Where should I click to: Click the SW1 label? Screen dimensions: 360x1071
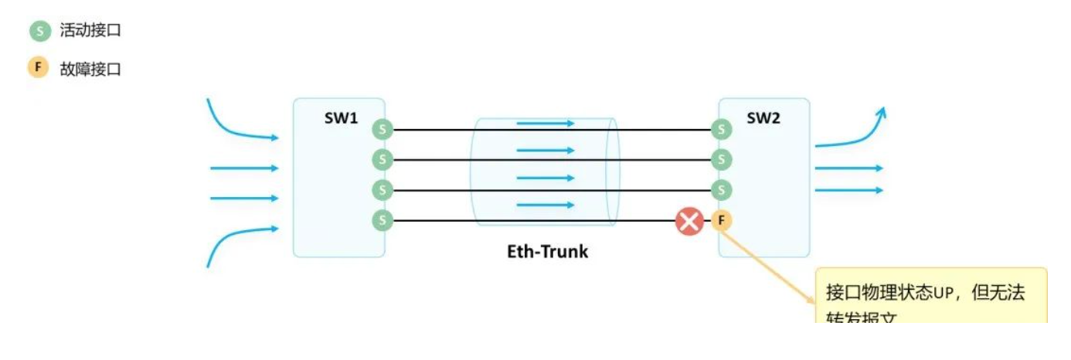(x=341, y=119)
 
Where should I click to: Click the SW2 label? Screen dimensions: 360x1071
(x=763, y=119)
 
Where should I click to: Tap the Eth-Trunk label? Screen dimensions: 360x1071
(x=547, y=251)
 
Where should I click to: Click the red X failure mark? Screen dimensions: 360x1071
(x=688, y=222)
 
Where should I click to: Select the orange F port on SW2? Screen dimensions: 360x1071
(x=721, y=221)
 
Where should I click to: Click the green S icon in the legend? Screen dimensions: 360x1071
(x=39, y=32)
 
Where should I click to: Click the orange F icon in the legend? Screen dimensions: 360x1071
(x=39, y=68)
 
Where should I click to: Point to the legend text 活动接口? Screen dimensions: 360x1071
(x=90, y=32)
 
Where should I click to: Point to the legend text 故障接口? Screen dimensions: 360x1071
(x=90, y=69)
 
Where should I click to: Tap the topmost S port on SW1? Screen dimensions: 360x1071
(x=382, y=130)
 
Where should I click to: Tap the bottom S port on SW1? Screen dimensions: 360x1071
(x=382, y=221)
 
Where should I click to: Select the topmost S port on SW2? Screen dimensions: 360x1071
(x=721, y=130)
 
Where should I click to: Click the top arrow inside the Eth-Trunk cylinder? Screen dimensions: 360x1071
(x=546, y=123)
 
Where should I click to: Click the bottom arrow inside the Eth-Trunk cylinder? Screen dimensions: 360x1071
(x=546, y=205)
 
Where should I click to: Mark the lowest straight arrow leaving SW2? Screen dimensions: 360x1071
(x=848, y=190)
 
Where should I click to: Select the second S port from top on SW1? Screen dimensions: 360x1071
(x=382, y=160)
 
